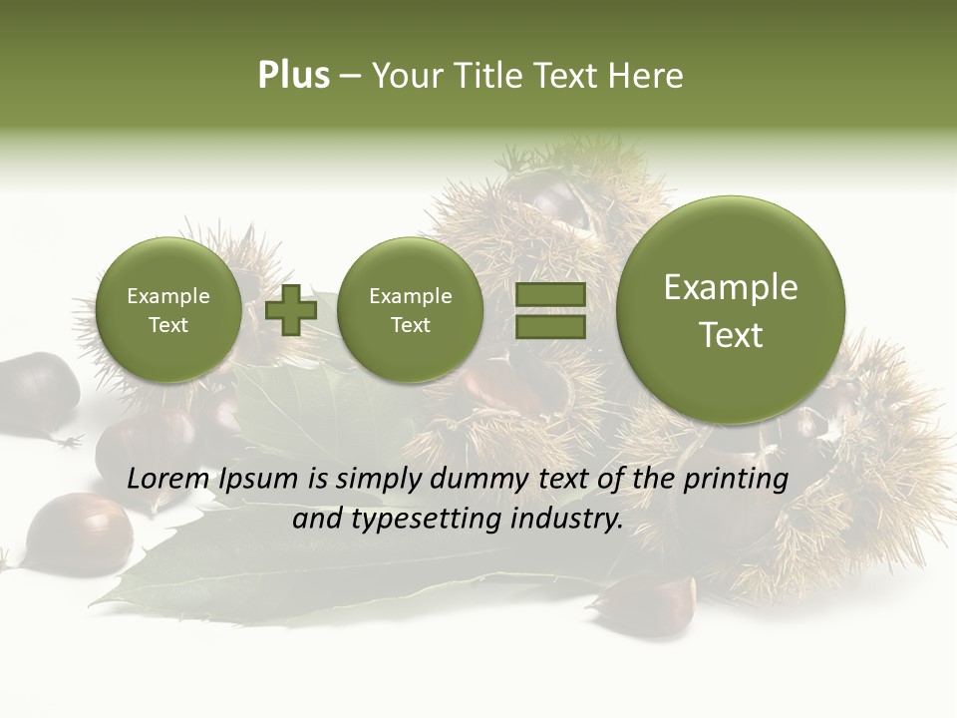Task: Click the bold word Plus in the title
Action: coord(293,76)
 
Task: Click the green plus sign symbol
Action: coord(291,310)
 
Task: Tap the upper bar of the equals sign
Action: coord(550,295)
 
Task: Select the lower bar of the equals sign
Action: coord(550,327)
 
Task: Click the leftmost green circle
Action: coord(168,310)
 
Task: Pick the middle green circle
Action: coord(411,310)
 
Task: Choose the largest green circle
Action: coord(731,310)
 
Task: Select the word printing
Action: coord(736,479)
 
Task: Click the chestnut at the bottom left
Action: coord(78,533)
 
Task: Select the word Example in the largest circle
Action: coord(731,287)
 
